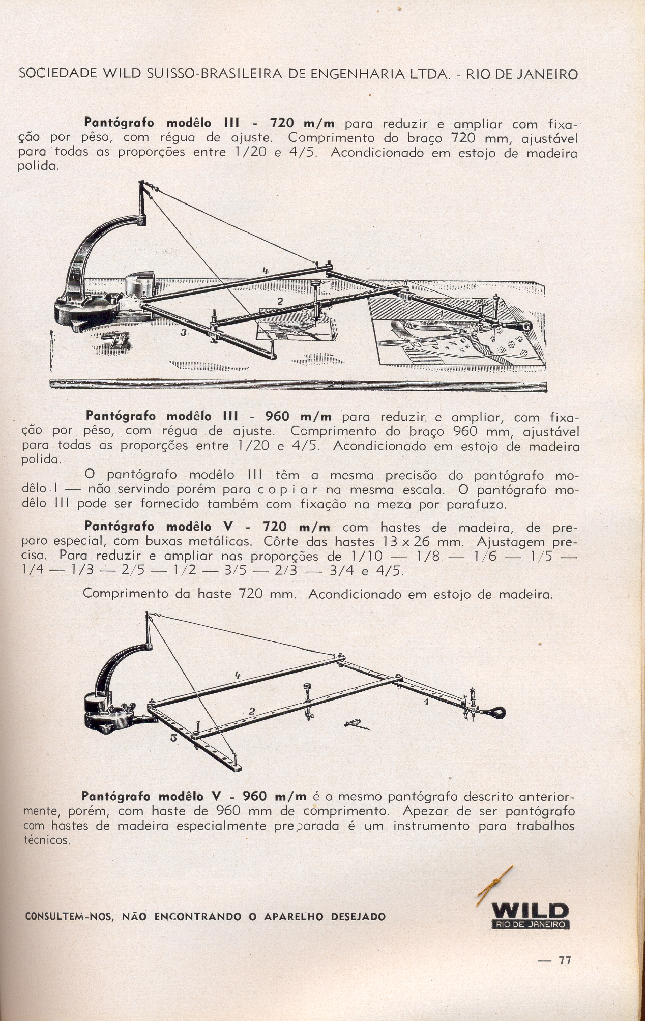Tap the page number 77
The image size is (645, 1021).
pos(565,960)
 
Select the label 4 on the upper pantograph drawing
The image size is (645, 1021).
pos(266,271)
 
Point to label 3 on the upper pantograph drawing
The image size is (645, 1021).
pos(183,332)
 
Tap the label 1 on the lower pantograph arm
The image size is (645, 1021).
pos(426,701)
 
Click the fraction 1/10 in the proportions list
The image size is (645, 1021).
pos(366,556)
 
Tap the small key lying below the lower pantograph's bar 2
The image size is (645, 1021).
pos(355,724)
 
